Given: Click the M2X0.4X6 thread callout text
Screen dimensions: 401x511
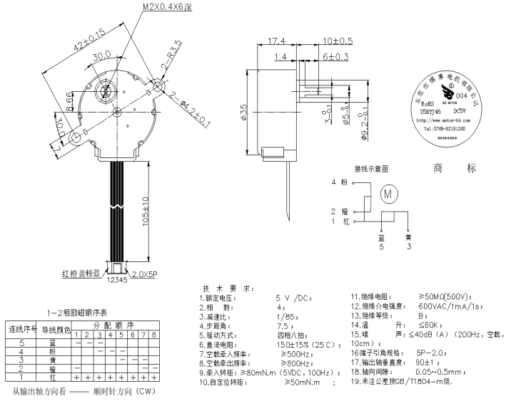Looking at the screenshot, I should (x=166, y=6).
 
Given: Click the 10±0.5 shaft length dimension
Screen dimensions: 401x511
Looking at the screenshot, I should (x=339, y=41).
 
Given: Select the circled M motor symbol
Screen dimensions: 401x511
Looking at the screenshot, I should (x=389, y=192).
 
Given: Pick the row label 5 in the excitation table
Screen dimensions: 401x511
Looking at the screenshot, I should (x=21, y=343).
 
